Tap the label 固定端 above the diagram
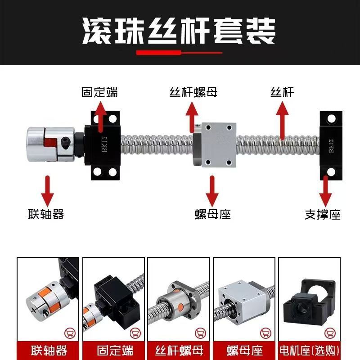[x=99, y=92]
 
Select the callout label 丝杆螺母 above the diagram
[x=193, y=92]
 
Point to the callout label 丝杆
[x=282, y=92]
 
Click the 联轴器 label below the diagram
[x=46, y=214]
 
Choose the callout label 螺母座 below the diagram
[x=212, y=214]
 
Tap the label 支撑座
[x=323, y=214]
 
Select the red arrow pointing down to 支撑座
[x=325, y=191]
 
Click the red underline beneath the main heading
[x=179, y=53]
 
